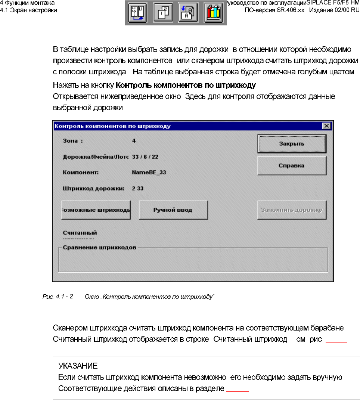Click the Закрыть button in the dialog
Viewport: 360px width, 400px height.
(292, 144)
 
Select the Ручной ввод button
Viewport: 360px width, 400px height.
(173, 210)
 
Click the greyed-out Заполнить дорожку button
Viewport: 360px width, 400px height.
(292, 210)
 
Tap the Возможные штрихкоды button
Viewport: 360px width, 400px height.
(96, 210)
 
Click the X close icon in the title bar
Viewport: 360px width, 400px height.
(326, 126)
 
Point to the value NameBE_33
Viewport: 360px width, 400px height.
(149, 173)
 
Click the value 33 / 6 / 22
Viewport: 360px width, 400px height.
(148, 157)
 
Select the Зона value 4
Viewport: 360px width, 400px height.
(134, 141)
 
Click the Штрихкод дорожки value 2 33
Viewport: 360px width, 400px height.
(138, 188)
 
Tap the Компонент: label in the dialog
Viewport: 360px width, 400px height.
(80, 173)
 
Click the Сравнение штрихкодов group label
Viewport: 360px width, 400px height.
(99, 247)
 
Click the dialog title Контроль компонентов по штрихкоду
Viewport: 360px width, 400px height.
(112, 126)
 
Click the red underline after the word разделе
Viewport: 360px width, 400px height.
(238, 391)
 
